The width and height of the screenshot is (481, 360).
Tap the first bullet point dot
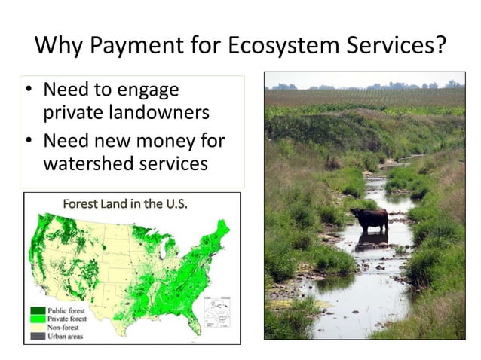point(29,90)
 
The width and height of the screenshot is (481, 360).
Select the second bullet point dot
point(29,141)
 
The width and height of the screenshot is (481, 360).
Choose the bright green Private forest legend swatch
point(37,319)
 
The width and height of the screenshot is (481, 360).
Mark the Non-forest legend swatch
point(37,328)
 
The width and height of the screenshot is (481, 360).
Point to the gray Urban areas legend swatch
point(37,336)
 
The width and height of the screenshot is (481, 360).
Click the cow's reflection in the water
point(370,239)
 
